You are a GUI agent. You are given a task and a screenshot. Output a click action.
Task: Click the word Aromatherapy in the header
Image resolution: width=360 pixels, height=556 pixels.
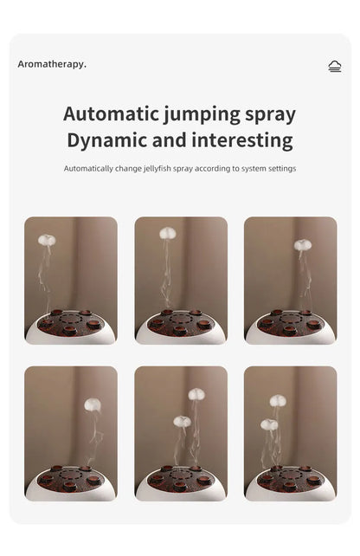pos(52,64)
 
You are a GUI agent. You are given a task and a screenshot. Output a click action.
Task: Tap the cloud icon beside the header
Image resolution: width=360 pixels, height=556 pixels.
pos(335,66)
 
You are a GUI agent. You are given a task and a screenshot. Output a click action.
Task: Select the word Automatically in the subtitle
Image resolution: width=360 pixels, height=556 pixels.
pos(88,168)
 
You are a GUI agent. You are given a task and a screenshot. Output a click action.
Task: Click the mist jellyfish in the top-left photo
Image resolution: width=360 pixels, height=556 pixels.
pos(47,240)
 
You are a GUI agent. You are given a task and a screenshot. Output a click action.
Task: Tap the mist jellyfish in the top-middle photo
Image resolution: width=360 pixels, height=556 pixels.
pos(168,233)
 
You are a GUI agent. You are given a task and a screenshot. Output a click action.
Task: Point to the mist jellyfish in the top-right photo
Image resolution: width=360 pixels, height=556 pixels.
pos(302,245)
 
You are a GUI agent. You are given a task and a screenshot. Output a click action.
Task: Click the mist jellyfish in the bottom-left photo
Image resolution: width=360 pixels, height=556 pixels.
pos(93,404)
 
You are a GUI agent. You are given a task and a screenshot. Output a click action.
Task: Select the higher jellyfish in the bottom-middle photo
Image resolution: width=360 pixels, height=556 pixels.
pos(196,394)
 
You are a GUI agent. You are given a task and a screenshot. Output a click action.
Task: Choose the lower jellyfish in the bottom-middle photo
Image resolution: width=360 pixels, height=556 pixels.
pos(182,421)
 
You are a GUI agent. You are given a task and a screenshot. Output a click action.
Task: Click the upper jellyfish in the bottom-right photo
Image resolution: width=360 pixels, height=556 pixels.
pos(278,400)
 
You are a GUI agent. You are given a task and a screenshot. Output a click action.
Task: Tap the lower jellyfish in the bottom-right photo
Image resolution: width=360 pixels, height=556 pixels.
pos(269,424)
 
